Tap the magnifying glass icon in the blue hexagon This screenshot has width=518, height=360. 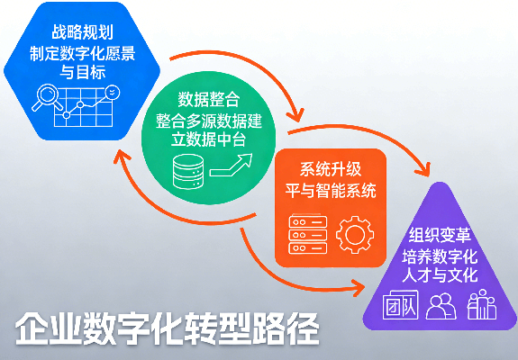(x=44, y=95)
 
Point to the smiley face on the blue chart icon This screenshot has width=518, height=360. (x=111, y=92)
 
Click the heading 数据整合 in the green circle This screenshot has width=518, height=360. (x=209, y=98)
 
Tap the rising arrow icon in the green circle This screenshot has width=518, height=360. (x=232, y=166)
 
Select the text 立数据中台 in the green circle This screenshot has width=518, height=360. (x=209, y=138)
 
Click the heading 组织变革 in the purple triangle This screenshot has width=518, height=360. (x=436, y=237)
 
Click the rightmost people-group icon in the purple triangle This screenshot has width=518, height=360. (x=482, y=306)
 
